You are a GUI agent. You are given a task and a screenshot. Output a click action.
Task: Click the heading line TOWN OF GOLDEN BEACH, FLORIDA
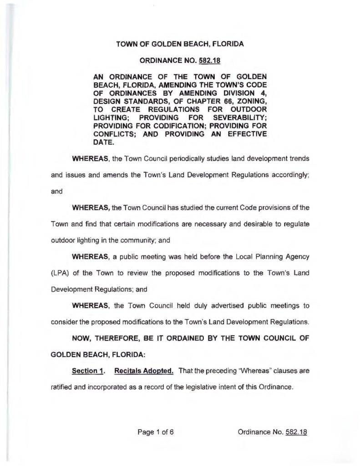click(180, 44)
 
